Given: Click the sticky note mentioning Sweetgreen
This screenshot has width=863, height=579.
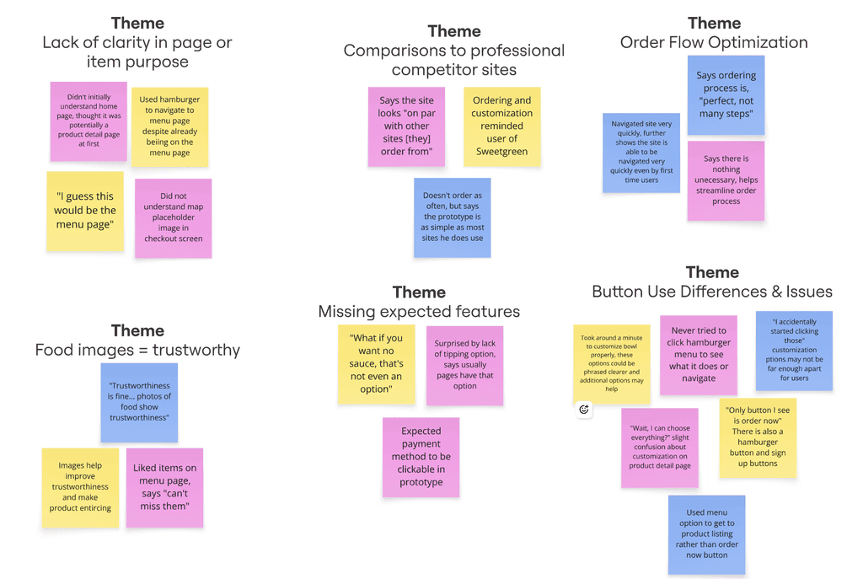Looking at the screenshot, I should point(502,126).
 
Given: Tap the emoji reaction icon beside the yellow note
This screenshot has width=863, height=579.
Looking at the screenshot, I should point(584,410).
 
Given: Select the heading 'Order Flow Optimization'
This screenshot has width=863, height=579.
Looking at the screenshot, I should point(714,42).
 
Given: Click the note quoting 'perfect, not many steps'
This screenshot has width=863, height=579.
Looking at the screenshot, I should point(726,94).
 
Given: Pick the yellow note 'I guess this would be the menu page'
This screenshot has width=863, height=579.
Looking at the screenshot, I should point(85,211).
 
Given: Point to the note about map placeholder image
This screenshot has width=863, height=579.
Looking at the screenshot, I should point(173,217).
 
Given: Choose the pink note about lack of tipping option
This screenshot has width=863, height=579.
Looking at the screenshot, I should point(464,365).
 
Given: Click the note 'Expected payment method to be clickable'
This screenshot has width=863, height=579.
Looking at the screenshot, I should point(421,457).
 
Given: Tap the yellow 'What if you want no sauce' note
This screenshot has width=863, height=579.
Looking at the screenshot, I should point(376,364).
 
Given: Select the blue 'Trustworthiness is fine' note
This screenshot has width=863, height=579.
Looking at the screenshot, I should point(139,402).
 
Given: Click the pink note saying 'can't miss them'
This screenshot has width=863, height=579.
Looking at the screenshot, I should point(164,487).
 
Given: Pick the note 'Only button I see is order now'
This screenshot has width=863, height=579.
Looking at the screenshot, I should point(758,437).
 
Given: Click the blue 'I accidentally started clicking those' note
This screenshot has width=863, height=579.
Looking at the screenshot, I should point(794,350).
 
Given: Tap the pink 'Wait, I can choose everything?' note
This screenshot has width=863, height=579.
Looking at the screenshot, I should point(660,448).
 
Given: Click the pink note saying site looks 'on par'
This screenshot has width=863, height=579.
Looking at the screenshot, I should point(406,126).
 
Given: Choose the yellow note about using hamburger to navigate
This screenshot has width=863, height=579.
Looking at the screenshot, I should point(169,126).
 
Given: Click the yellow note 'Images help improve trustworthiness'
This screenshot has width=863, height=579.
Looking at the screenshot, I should point(80,487).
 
